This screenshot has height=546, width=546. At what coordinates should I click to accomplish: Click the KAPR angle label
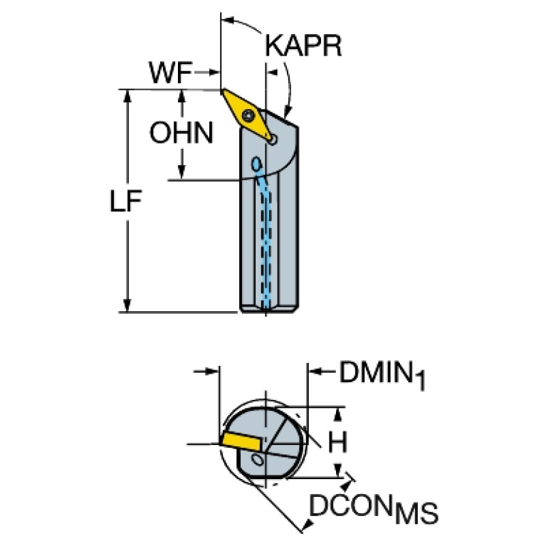click(303, 46)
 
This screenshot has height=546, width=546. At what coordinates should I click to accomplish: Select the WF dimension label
click(171, 73)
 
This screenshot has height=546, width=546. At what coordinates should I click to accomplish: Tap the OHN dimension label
click(181, 132)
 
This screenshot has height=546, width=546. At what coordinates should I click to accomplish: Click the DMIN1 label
click(382, 375)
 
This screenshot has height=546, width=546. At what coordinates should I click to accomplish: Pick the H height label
click(338, 441)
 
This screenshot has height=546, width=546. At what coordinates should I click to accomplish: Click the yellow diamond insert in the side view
click(246, 115)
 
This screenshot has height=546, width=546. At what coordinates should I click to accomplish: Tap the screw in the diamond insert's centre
click(248, 115)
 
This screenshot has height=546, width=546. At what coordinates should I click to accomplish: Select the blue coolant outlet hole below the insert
click(257, 164)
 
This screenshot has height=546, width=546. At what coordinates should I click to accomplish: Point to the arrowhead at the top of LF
click(127, 96)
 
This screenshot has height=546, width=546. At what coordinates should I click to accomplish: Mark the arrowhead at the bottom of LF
click(127, 305)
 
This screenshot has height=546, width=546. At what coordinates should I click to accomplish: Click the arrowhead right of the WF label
click(214, 73)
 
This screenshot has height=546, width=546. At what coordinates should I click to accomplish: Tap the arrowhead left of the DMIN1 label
click(315, 371)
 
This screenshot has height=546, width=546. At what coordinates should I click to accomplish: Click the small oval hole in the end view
click(258, 460)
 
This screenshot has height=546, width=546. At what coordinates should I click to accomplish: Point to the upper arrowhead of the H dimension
click(337, 414)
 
